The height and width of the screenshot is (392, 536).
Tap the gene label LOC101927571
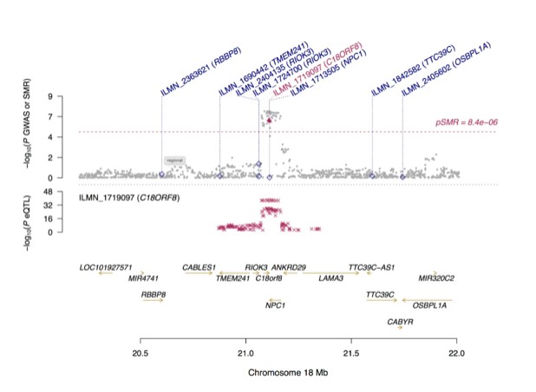(105, 267)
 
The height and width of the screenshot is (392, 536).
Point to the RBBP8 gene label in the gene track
(154, 295)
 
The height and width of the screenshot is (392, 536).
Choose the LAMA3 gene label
(330, 278)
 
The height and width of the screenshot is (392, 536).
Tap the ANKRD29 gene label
(289, 267)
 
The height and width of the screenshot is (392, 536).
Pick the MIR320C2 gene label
(436, 278)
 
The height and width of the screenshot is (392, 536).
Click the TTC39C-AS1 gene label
(371, 267)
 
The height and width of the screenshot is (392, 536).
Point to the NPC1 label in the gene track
(276, 305)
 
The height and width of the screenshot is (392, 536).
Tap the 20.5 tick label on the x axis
(141, 354)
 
